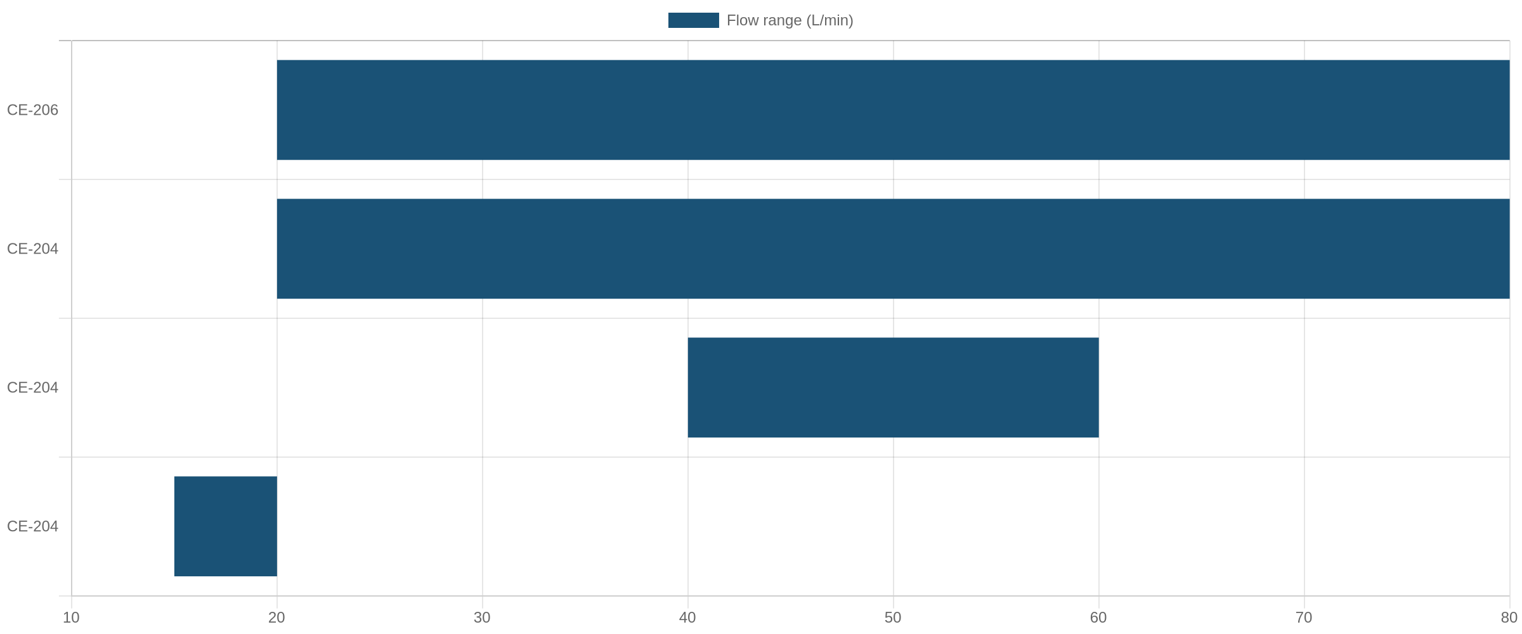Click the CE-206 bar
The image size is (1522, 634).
coord(893,110)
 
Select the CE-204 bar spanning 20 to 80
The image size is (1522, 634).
coord(893,249)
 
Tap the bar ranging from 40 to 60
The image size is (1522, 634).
coord(893,387)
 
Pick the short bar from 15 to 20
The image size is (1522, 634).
coord(226,526)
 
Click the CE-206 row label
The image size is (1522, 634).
coord(32,110)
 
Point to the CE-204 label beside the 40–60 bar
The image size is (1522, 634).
coord(32,387)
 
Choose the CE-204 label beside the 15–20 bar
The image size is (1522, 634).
coord(32,526)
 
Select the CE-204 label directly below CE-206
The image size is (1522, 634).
coord(32,249)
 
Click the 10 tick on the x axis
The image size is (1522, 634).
coord(71,618)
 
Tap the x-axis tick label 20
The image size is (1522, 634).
coord(276,618)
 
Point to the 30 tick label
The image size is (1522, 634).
coord(482,618)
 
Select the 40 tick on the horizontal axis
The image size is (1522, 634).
coord(687,618)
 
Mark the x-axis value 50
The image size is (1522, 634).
coord(893,618)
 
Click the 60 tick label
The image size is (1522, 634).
coord(1098,618)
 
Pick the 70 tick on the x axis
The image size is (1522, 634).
coord(1304,618)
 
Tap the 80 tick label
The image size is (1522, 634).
coord(1509,618)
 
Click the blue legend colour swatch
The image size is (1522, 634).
coord(694,20)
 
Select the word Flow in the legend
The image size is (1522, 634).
coord(742,20)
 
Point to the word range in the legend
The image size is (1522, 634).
coord(781,21)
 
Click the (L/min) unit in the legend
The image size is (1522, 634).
coord(829,21)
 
